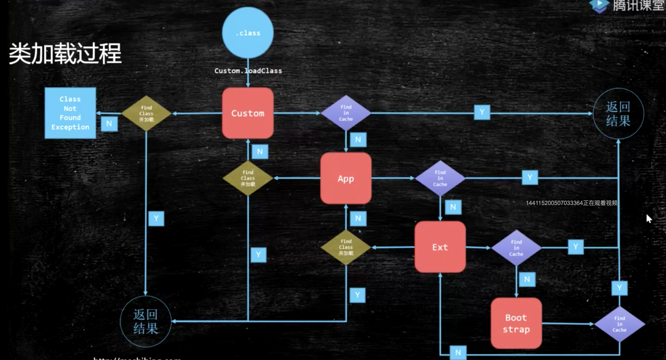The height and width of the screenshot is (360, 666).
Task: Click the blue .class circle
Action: coord(248,33)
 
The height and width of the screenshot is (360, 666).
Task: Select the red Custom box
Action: coord(248,113)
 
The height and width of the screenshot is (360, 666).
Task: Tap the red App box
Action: coord(346,178)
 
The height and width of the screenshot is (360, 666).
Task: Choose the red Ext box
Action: coord(440,247)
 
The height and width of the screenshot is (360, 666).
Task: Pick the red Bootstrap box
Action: coord(516,323)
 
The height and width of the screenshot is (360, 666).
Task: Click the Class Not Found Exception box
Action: coord(70,113)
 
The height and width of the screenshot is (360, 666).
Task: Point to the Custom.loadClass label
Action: coord(248,71)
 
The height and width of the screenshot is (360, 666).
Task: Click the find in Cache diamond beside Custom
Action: coord(346,113)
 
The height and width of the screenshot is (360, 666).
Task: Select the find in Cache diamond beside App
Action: coord(440,178)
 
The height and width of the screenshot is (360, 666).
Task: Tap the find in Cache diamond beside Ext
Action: coord(516,248)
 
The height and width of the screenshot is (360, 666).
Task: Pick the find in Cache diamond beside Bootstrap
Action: coord(620,324)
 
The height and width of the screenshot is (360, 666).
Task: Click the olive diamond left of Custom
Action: coord(146,113)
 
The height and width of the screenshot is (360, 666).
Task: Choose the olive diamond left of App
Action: coord(248,178)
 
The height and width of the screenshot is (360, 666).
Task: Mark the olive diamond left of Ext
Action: coord(346,247)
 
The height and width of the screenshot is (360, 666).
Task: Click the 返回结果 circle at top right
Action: coord(618,114)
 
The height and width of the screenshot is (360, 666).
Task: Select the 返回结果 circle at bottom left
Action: coord(146,321)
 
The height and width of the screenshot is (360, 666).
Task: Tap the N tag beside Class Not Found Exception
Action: coord(109,124)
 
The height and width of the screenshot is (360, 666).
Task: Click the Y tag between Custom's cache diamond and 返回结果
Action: coord(482,112)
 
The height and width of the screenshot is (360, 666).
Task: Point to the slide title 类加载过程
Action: coord(65,54)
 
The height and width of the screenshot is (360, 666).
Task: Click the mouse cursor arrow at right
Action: coord(649,218)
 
